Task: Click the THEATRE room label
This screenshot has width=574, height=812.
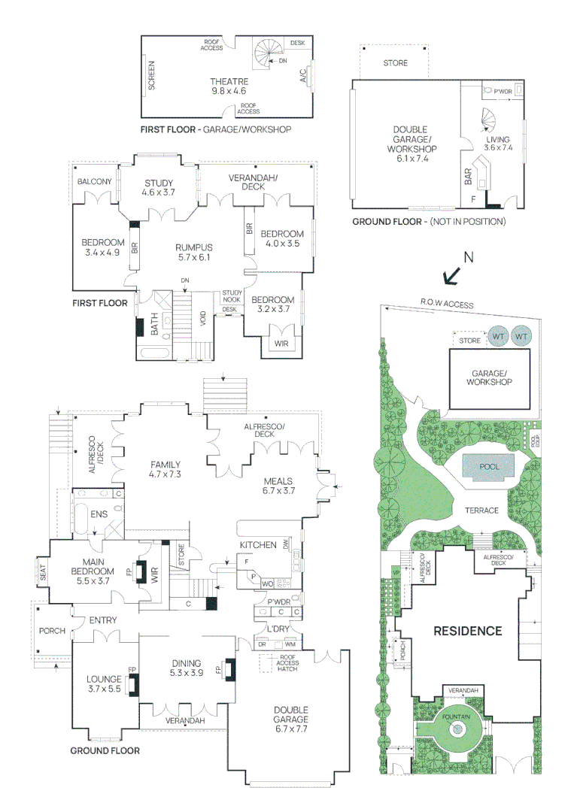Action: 229,82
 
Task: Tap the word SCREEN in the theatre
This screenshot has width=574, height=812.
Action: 152,76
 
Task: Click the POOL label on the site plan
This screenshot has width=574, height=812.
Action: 489,467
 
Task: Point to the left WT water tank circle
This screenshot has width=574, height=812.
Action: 498,336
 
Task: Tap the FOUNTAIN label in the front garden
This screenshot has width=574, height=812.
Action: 456,717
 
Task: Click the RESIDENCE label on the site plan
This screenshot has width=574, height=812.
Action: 468,631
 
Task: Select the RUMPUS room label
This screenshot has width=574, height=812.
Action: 194,247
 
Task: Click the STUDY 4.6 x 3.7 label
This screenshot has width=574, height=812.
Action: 159,187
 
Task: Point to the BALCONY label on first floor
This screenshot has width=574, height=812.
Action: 94,182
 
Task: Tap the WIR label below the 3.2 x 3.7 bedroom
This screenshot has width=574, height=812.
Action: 281,344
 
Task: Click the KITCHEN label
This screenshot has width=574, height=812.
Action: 258,545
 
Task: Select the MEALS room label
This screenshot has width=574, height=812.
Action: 278,481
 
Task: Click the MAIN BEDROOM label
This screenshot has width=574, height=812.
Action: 93,567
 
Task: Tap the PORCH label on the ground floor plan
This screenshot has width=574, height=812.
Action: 53,631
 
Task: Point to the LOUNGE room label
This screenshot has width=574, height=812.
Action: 104,679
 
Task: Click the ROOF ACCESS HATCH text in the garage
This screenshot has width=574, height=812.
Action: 287,663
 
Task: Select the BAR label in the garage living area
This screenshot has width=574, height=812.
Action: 469,177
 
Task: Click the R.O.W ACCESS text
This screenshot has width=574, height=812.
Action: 447,304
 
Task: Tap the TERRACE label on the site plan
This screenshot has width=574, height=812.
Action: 481,511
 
